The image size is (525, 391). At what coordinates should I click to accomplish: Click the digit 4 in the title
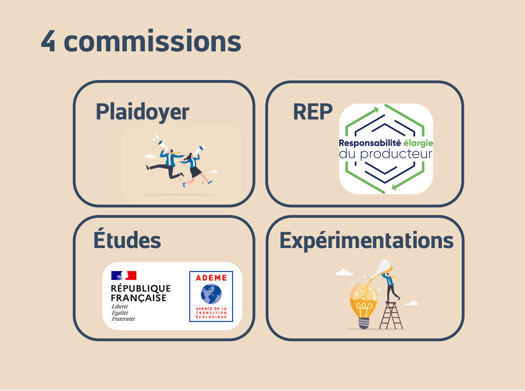(x=48, y=41)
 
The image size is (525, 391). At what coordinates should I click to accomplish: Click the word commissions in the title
(x=152, y=41)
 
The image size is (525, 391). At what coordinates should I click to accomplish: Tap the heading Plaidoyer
(x=142, y=112)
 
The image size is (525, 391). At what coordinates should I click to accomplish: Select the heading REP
(x=313, y=112)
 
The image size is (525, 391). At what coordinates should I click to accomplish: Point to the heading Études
(x=127, y=240)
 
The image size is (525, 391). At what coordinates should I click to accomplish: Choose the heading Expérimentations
(x=366, y=241)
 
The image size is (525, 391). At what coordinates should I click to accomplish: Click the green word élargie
(x=418, y=143)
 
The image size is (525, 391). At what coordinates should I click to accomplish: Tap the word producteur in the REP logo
(x=396, y=154)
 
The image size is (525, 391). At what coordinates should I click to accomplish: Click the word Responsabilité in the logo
(x=369, y=143)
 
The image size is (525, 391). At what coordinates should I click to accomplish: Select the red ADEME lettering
(x=211, y=278)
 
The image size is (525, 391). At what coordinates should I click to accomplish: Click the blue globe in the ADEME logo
(x=211, y=294)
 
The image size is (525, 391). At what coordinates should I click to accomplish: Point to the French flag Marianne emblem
(x=124, y=275)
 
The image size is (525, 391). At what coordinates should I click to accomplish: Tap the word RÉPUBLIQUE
(x=141, y=288)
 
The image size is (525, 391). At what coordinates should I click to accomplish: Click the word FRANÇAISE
(x=138, y=298)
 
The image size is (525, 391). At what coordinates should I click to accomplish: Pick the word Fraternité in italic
(x=123, y=319)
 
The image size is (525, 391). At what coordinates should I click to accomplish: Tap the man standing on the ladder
(x=390, y=285)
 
